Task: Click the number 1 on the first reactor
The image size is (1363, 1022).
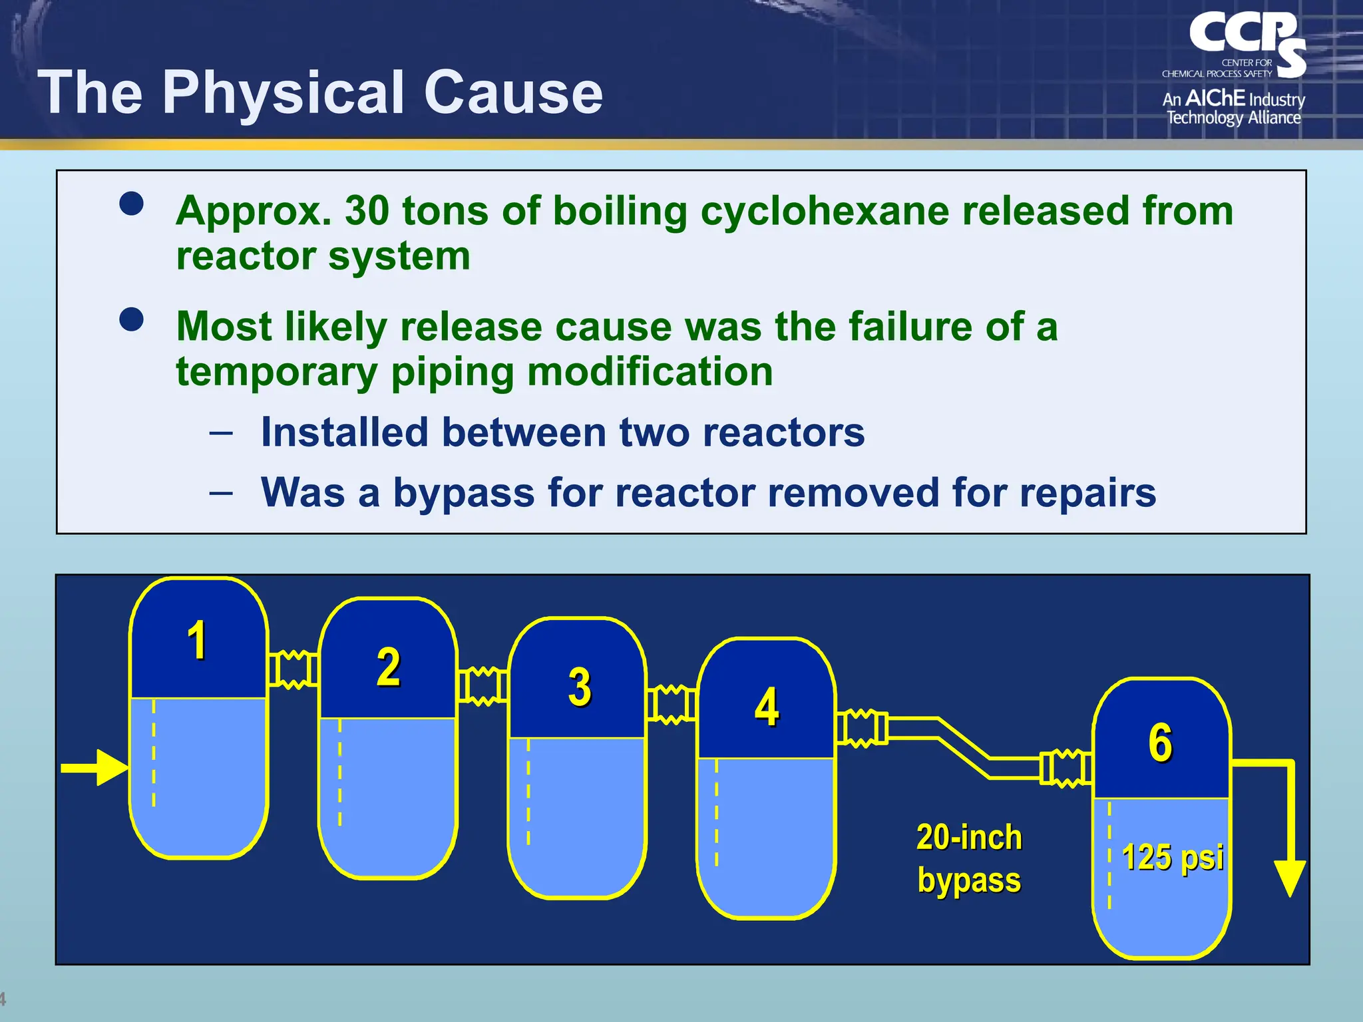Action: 197,640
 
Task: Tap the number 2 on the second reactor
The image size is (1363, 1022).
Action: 389,666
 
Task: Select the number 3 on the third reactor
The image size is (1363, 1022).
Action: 580,687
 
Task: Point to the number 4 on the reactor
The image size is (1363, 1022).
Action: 767,707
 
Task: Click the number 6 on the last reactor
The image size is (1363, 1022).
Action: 1160,742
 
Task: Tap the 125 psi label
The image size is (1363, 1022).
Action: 1173,857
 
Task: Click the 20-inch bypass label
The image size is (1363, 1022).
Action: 969,858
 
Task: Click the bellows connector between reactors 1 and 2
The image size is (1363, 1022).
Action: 293,669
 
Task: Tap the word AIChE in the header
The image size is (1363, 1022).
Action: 1215,98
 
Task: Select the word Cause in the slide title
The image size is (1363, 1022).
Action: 513,92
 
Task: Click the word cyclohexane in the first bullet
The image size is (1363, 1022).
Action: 825,212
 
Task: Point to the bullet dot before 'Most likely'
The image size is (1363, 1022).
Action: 132,319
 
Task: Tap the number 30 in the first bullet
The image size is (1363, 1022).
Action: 367,211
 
